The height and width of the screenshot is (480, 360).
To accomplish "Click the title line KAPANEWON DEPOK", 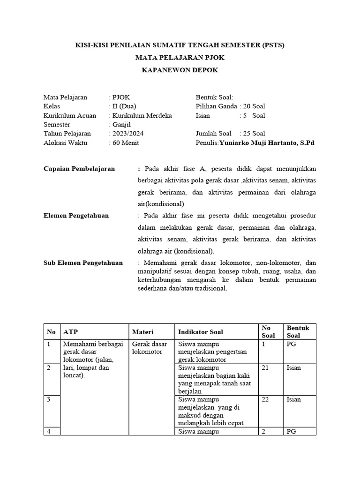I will (x=180, y=70).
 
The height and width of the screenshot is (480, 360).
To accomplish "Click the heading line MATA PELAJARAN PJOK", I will (x=180, y=58).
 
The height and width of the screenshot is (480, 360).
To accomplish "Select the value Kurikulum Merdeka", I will (x=142, y=115).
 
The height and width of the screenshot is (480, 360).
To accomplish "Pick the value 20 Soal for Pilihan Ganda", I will (x=254, y=106).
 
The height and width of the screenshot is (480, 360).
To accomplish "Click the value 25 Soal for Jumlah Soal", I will (x=254, y=134).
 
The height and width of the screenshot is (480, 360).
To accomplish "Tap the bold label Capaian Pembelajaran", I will (x=79, y=169).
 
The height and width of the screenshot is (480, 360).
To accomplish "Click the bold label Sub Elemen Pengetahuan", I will (x=83, y=263).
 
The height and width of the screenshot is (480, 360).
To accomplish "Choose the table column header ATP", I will (x=70, y=332).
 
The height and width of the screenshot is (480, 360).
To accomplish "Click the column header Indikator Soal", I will (x=201, y=332).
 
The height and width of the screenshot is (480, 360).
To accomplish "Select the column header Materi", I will (x=142, y=332).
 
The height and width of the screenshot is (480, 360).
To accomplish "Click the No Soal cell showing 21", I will (x=265, y=368).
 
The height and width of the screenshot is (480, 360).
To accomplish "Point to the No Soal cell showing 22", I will (x=265, y=399).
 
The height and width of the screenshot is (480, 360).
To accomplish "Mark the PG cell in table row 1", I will (x=291, y=344).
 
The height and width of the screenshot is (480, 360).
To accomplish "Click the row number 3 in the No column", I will (x=49, y=399).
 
